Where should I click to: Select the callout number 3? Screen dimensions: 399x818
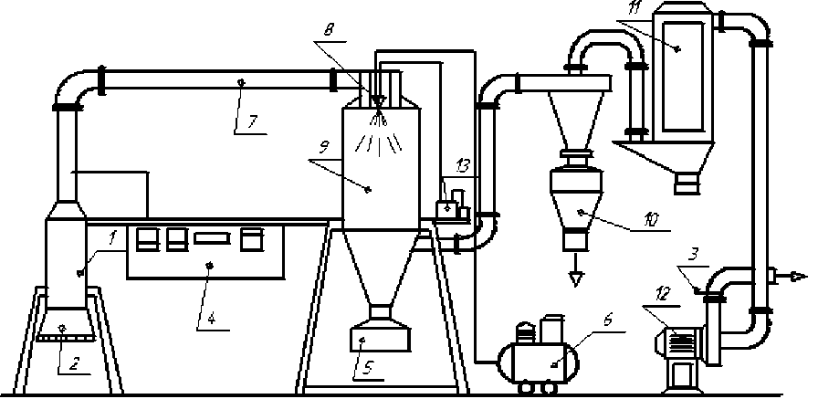click(x=695, y=257)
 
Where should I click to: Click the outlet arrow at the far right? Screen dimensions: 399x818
click(x=796, y=275)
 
